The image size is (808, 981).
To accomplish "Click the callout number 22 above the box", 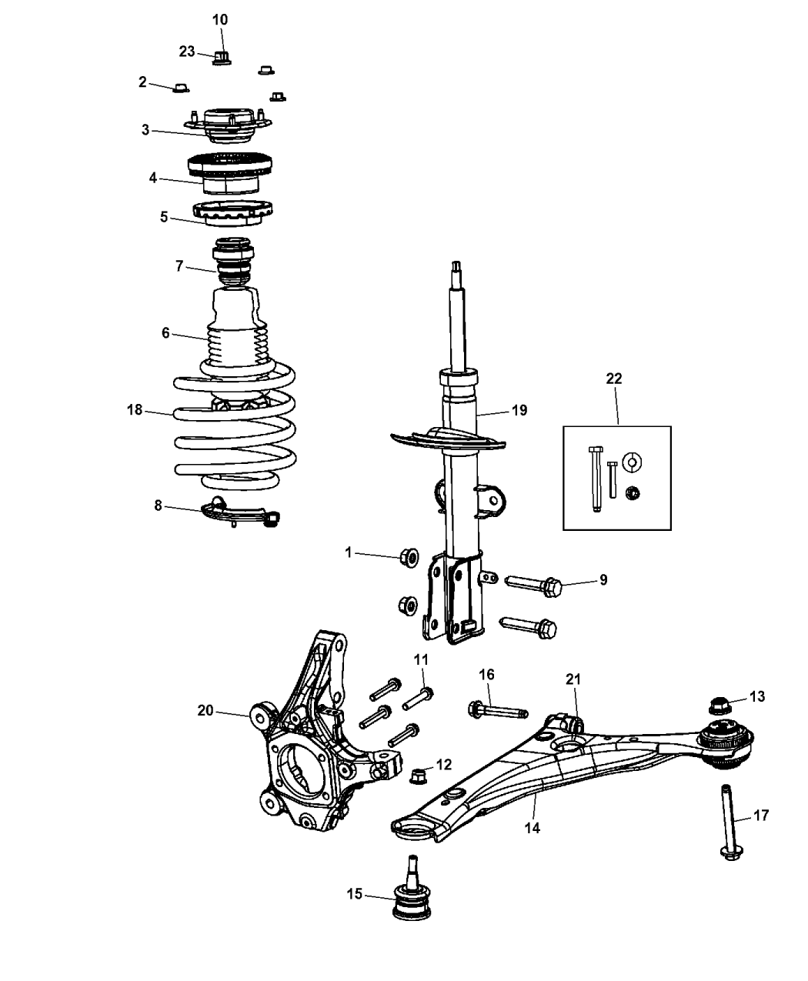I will [614, 379].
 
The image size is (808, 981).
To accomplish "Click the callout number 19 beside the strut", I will [519, 410].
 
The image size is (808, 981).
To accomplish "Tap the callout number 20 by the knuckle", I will [205, 710].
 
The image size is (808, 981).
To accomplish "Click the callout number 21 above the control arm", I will [573, 679].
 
